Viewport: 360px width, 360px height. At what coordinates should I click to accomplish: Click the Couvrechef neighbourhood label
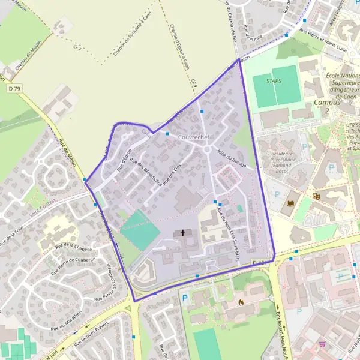click(193, 137)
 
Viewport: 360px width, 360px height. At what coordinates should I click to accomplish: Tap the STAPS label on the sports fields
click(272, 81)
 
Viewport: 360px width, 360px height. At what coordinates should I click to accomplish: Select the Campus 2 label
click(327, 106)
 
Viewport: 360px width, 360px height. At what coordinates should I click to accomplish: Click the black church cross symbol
click(183, 233)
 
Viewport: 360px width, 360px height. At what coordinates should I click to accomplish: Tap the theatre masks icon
click(316, 196)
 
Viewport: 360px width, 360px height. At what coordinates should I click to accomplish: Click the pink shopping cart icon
click(323, 344)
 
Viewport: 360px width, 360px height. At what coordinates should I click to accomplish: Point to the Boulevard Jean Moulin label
click(280, 327)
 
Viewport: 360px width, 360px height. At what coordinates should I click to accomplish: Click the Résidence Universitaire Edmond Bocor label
click(282, 161)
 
